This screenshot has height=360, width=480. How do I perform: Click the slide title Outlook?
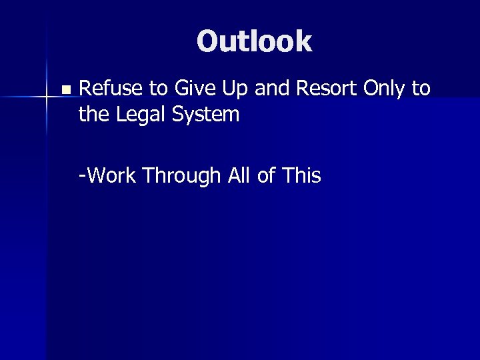pos(254,41)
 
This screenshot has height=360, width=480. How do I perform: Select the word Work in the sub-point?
pos(113,176)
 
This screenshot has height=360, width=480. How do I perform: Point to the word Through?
pos(177,177)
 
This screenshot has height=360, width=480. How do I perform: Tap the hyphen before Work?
pos(81,177)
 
